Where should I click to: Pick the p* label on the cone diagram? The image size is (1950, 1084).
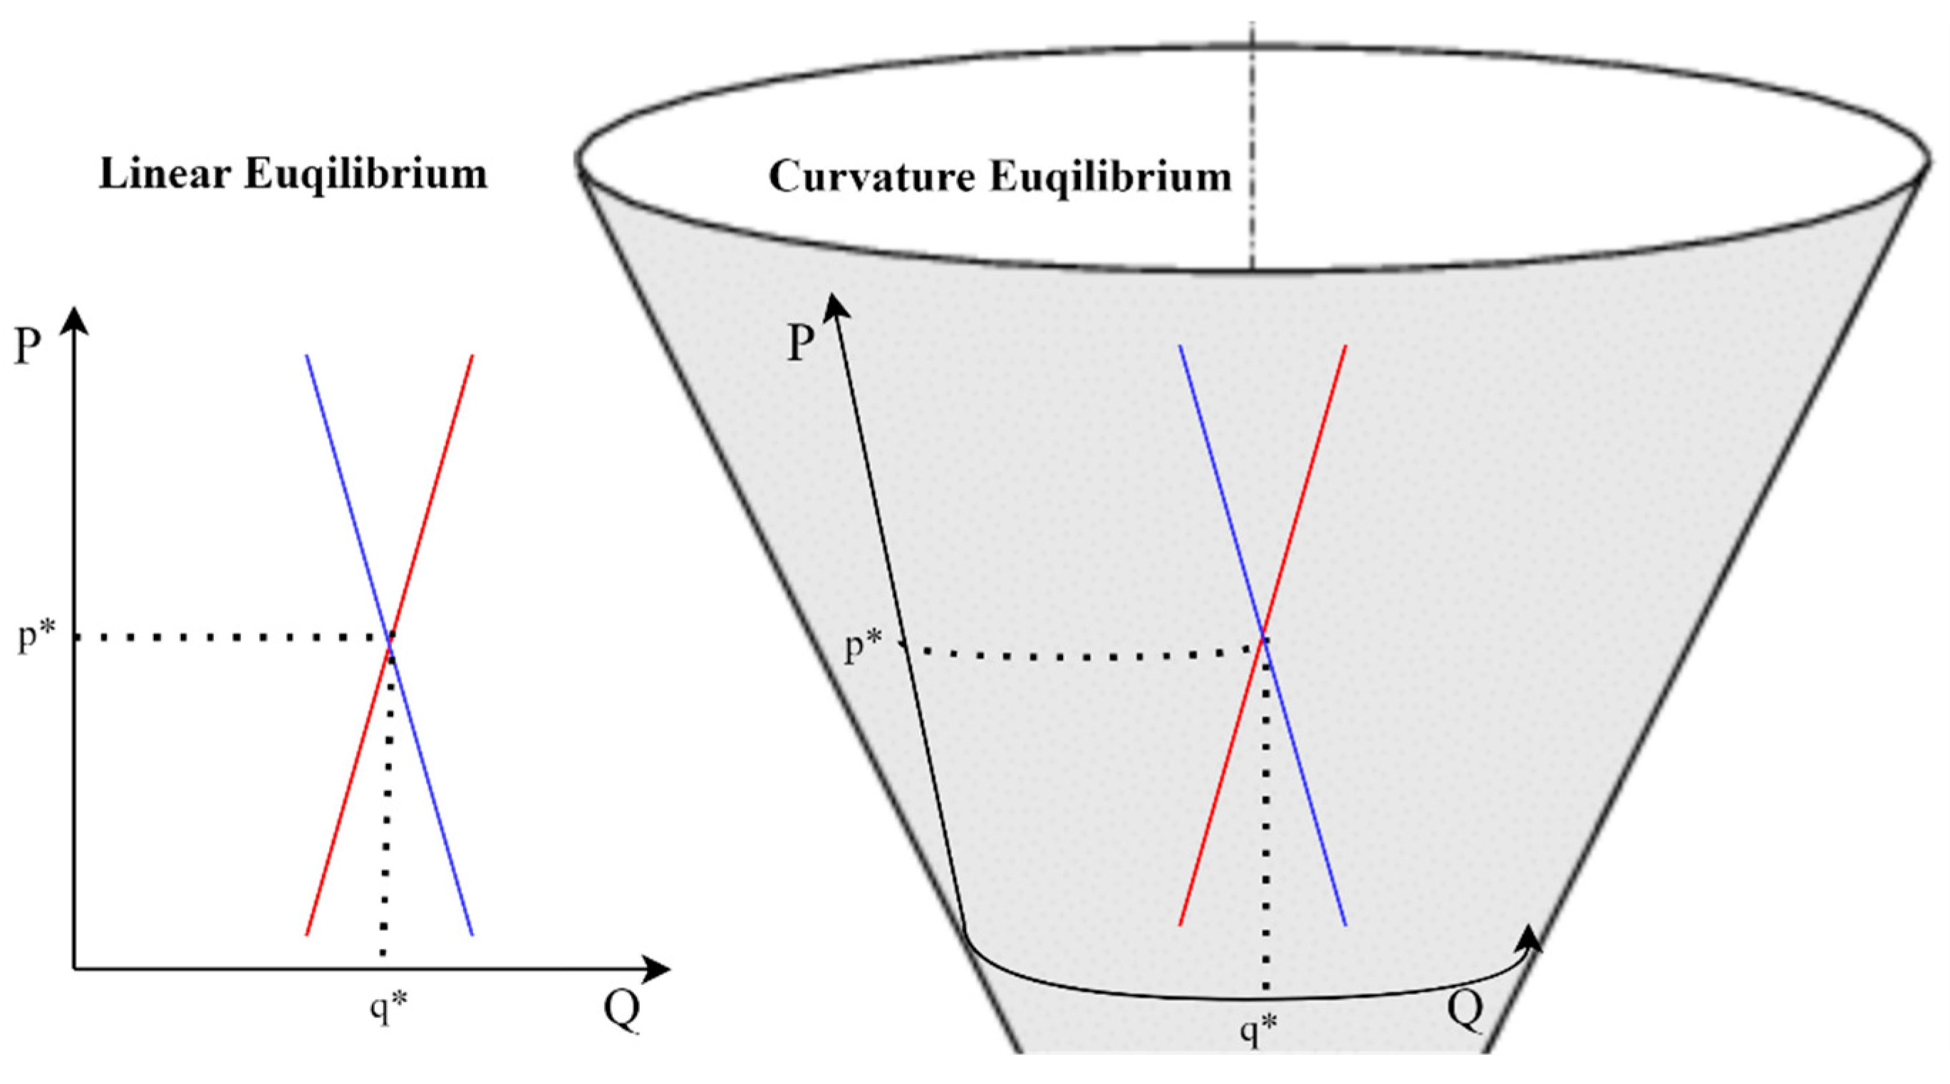coord(864,648)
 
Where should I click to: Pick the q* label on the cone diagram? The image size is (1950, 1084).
coord(1258,1031)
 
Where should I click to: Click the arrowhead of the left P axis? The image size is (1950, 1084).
coord(73,320)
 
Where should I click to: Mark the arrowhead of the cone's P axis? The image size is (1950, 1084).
coord(834,304)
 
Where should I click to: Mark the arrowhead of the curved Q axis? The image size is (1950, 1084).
coord(1530,939)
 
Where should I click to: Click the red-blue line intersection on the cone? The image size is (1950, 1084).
coord(1262,640)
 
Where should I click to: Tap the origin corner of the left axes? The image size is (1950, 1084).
coord(74,967)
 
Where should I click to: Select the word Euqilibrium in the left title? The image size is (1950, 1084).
coord(365,174)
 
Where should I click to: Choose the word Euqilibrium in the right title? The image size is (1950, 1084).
coord(1111,177)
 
